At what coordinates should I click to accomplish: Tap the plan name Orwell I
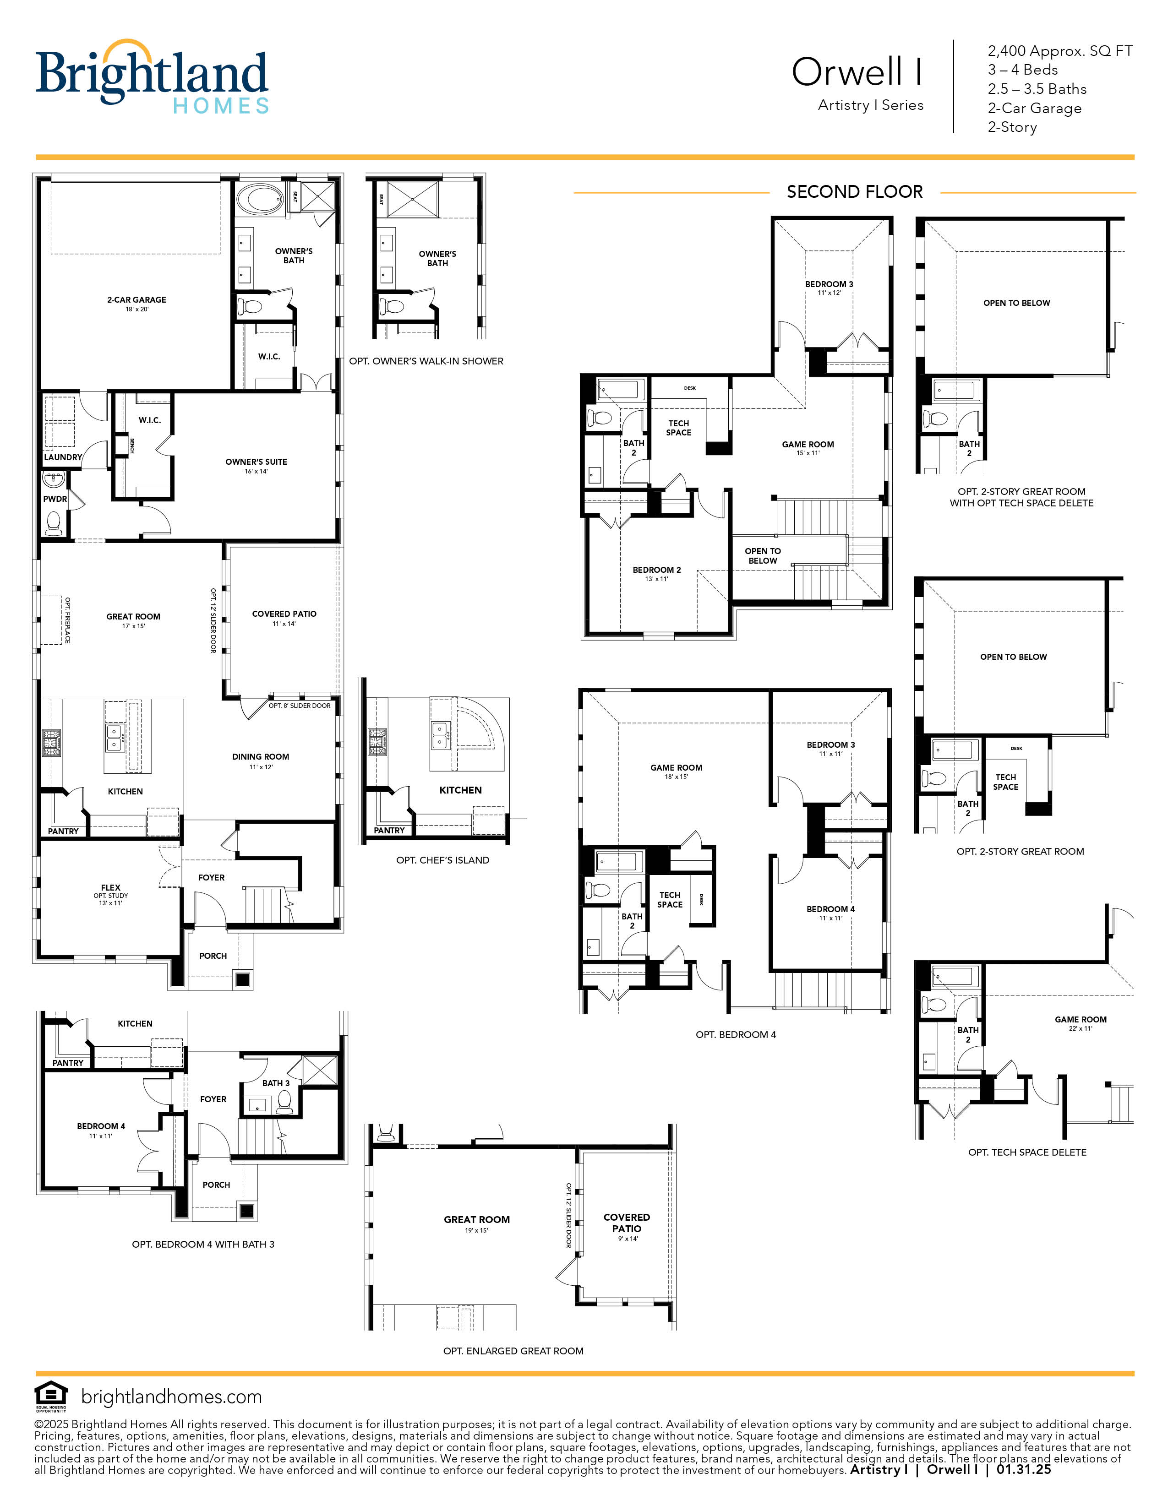point(857,72)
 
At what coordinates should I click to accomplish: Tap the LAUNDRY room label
point(62,457)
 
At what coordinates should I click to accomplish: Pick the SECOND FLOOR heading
point(855,192)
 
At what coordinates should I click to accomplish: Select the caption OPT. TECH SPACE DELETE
point(1027,1152)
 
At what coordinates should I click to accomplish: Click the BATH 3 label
point(275,1083)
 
